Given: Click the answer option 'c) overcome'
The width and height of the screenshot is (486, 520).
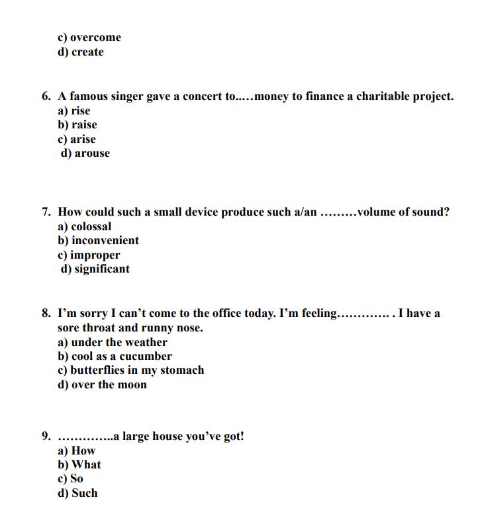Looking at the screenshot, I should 89,38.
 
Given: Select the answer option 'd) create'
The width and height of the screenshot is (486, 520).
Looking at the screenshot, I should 81,52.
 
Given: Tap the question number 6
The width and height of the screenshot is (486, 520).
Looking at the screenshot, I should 46,97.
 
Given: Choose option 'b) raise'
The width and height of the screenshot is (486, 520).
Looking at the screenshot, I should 77,125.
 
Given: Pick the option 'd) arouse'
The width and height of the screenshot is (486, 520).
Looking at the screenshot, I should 85,153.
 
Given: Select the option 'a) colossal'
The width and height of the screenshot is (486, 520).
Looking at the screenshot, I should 85,226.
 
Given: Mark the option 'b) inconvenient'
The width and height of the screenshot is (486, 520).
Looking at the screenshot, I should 99,241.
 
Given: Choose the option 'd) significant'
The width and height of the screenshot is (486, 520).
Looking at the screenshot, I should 95,269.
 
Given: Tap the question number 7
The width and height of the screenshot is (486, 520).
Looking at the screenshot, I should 46,212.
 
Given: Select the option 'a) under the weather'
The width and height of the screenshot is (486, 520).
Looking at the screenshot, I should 113,342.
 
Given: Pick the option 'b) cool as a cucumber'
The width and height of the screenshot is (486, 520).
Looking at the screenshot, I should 115,356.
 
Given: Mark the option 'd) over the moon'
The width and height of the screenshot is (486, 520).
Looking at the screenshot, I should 103,385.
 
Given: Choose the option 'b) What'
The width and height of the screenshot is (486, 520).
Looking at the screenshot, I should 80,465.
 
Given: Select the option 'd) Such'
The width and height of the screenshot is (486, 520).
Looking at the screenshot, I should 77,494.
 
